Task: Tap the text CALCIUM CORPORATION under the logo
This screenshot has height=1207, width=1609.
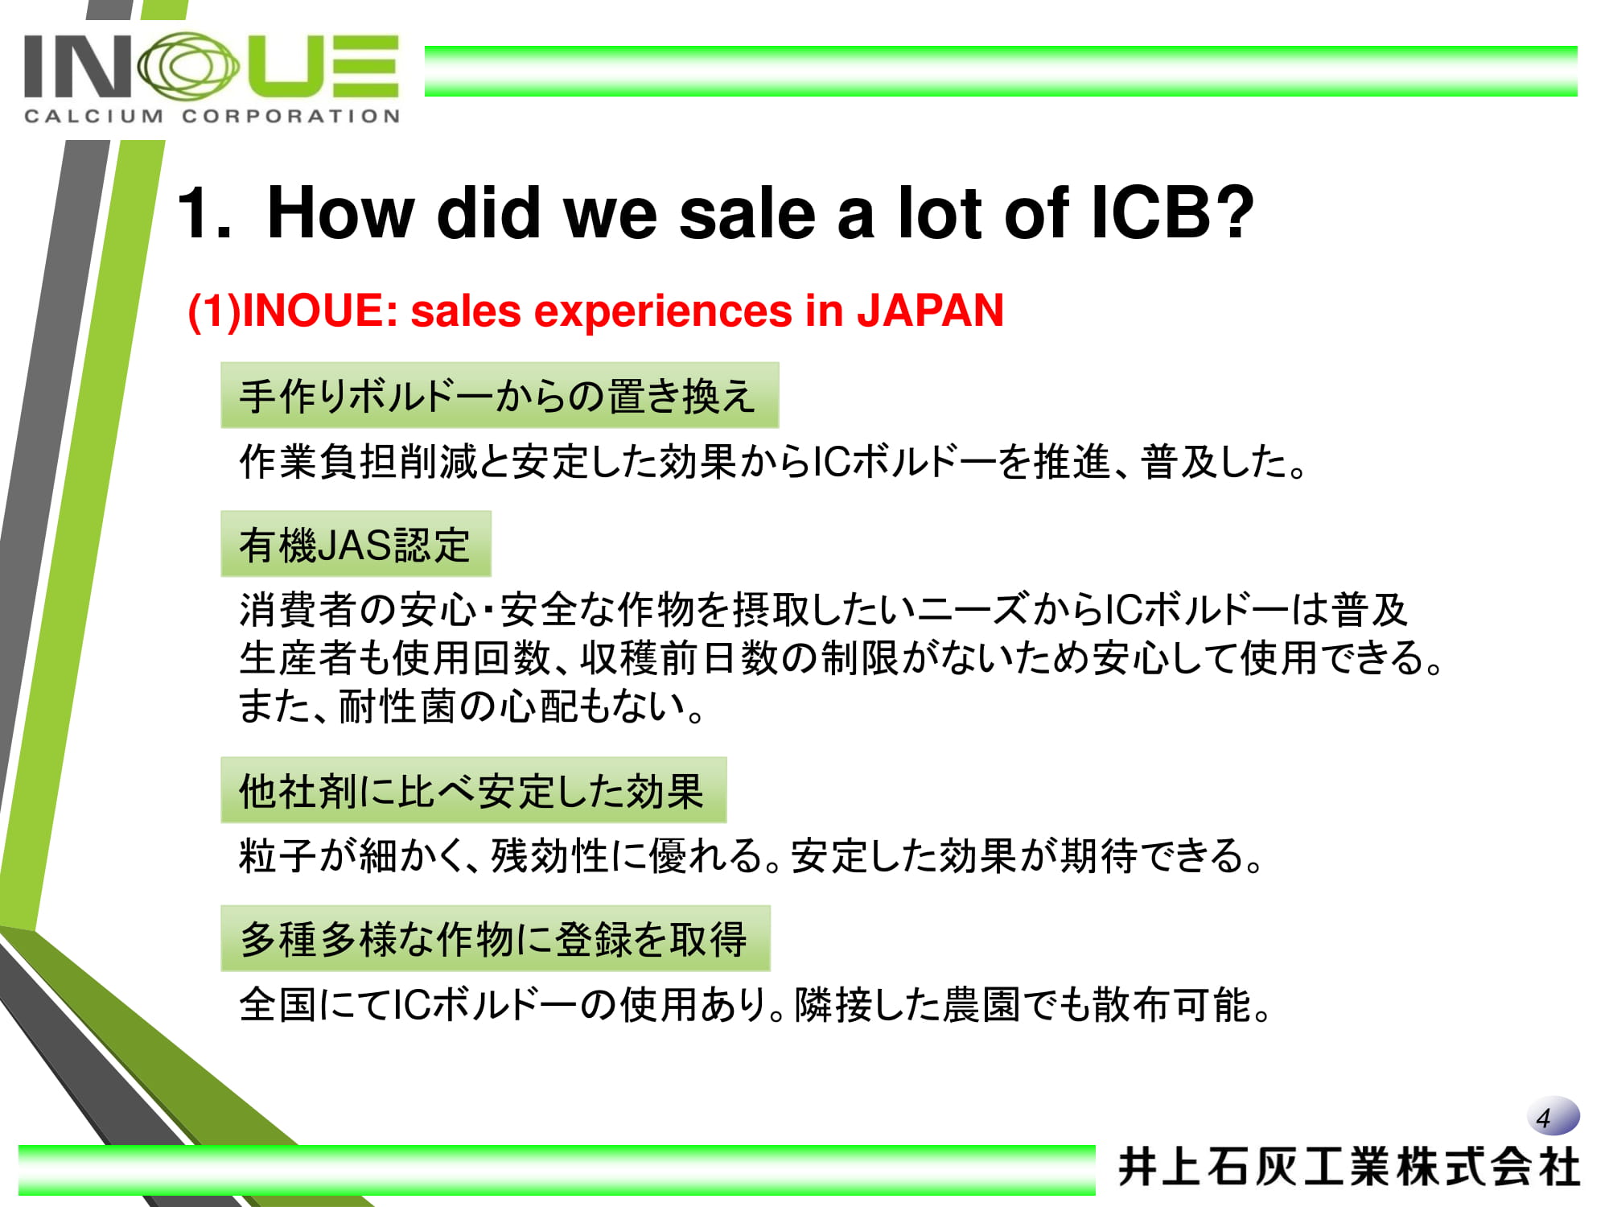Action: (212, 117)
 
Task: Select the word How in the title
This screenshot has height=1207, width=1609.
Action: (340, 212)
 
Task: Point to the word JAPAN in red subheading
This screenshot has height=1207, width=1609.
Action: (930, 311)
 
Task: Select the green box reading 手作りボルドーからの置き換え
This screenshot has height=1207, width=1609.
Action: (500, 395)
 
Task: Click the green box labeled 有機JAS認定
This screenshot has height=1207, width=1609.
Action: (356, 544)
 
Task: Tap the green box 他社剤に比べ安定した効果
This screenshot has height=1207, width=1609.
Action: (474, 790)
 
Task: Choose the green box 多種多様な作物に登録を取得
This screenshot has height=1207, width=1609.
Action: (496, 938)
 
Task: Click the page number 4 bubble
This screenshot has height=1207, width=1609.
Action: (1553, 1117)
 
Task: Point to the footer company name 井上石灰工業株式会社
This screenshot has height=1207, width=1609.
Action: (1349, 1168)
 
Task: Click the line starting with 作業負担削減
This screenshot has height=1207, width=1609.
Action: (774, 462)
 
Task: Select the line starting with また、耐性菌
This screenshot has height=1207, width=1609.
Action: (473, 706)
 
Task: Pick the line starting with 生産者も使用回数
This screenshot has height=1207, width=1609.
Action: (842, 657)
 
